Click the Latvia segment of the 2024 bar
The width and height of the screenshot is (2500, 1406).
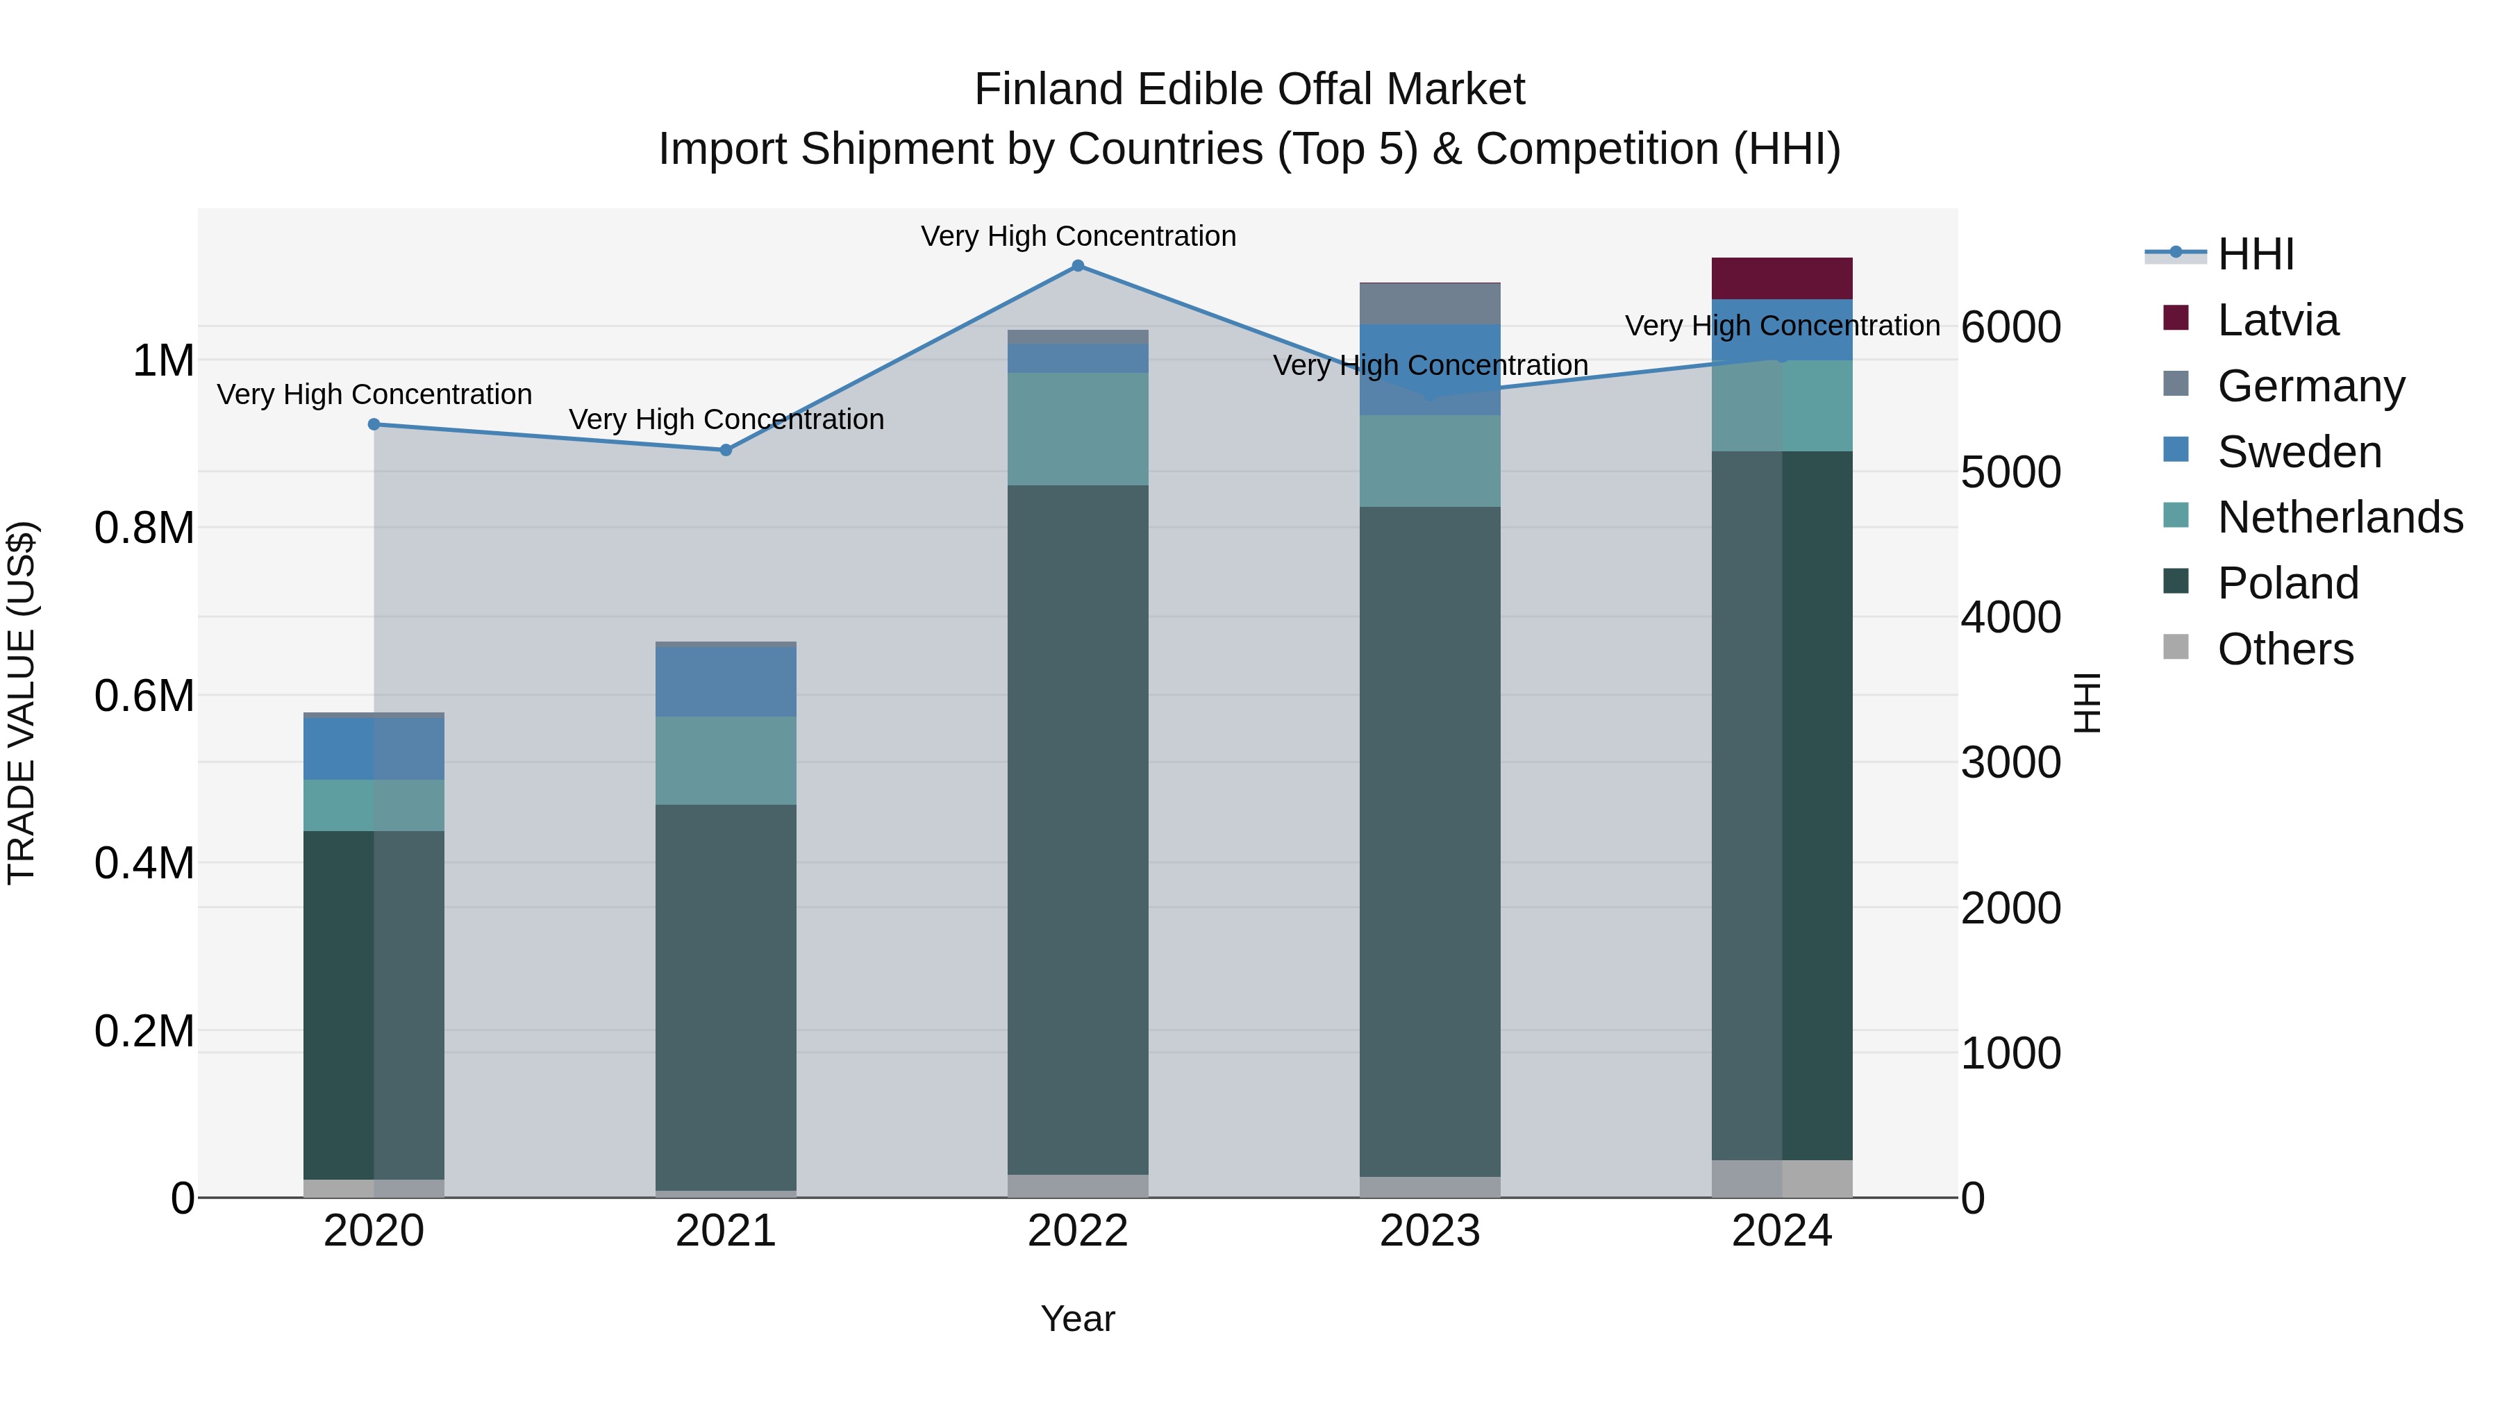tap(1782, 278)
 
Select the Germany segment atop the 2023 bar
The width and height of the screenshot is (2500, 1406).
tap(1430, 303)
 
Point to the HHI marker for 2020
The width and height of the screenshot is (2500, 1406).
tap(374, 424)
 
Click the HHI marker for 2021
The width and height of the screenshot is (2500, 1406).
tap(726, 450)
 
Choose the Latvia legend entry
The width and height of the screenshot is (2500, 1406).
tap(2278, 320)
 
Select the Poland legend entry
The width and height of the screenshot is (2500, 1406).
tap(2287, 583)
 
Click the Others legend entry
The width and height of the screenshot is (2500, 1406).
tap(2285, 649)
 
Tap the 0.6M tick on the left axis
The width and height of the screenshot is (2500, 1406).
tap(144, 696)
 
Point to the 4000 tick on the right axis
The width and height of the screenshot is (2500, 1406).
tap(2011, 617)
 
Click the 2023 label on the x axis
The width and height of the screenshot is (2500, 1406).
tap(1430, 1231)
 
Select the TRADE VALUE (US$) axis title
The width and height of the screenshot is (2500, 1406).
tap(22, 703)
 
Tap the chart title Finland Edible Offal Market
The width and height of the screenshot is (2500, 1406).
tap(1249, 90)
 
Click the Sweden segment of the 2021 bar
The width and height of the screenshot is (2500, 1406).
tap(726, 681)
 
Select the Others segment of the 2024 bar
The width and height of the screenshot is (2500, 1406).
tap(1782, 1178)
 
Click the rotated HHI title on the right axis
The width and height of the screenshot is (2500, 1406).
tap(2087, 703)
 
